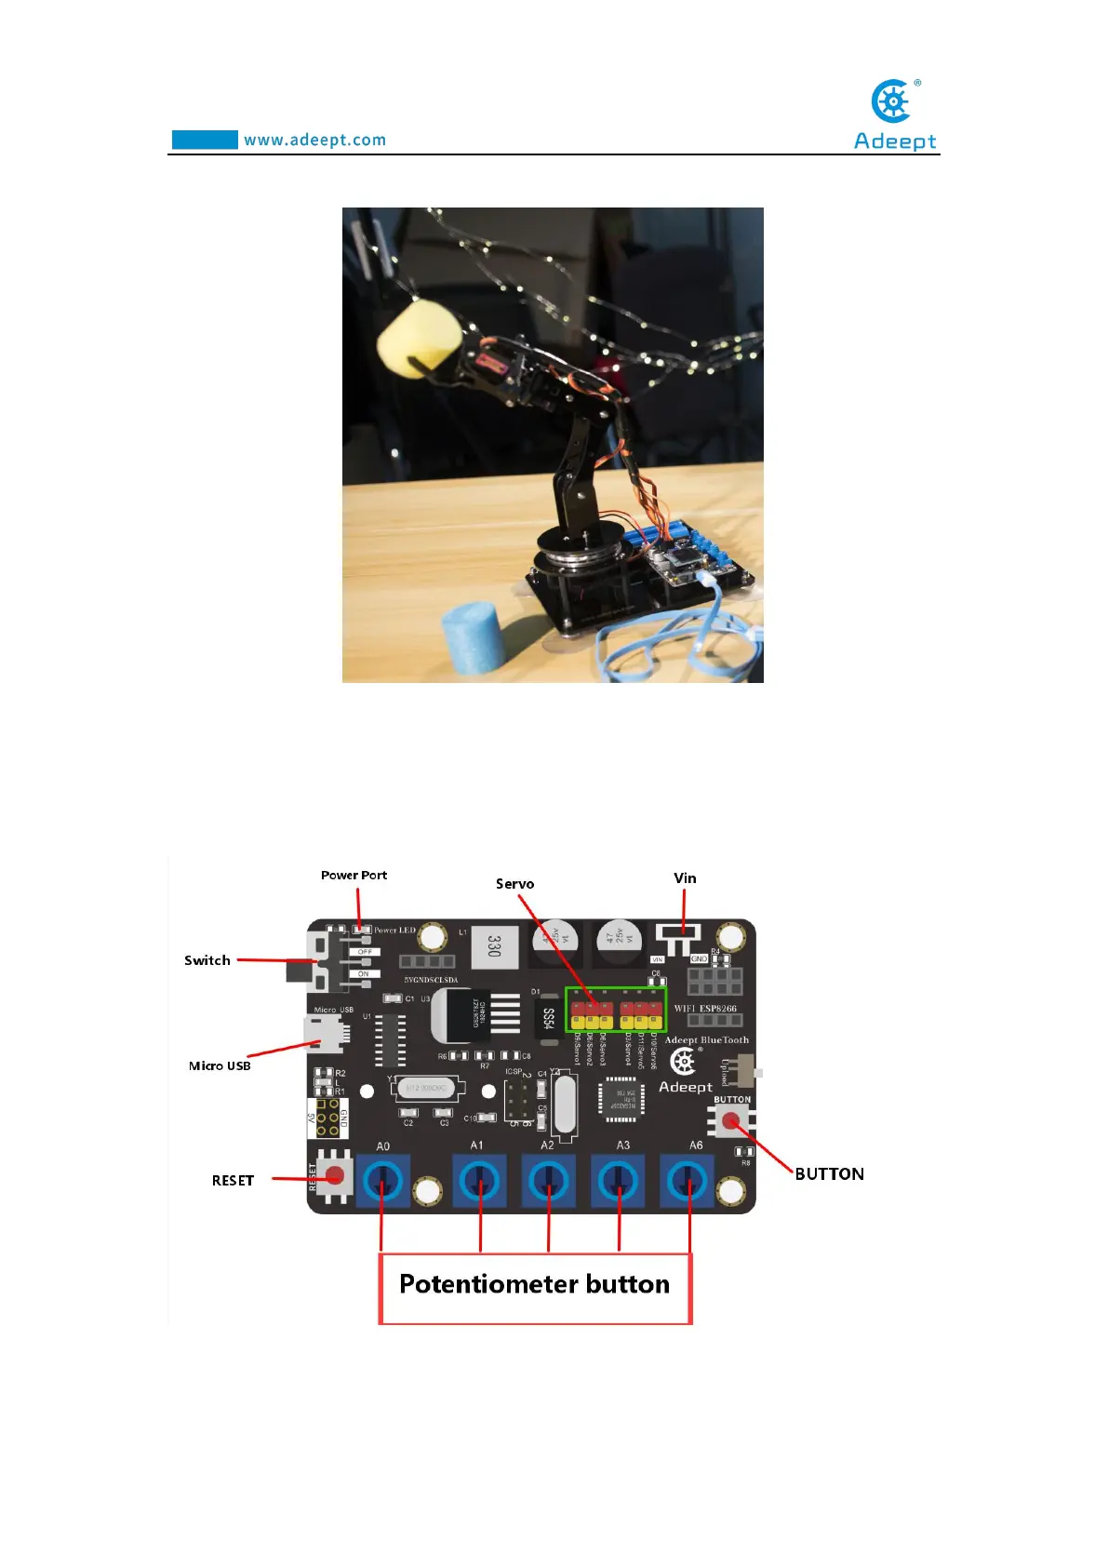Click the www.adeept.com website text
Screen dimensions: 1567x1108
pos(314,141)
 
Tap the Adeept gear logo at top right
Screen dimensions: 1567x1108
pos(893,101)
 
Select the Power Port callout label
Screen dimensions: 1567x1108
pos(354,876)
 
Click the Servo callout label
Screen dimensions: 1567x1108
pos(514,884)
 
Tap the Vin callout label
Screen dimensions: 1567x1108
pos(685,878)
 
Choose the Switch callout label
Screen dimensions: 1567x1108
pos(207,960)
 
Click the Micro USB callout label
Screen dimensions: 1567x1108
pos(220,1066)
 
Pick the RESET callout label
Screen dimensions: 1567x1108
pos(233,1181)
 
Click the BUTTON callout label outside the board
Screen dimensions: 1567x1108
pos(829,1174)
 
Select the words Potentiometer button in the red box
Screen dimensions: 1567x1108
pos(534,1284)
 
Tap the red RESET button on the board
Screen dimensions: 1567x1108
pos(335,1176)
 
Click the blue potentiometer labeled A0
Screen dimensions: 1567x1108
pos(382,1183)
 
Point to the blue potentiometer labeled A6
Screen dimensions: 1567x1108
pos(688,1183)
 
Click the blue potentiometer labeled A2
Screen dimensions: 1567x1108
pos(549,1183)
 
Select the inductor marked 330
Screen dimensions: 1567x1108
pos(494,945)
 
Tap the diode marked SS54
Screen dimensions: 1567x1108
pos(549,1019)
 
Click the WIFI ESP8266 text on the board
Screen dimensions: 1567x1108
pos(705,1009)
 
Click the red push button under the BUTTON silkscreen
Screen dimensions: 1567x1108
pos(732,1121)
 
